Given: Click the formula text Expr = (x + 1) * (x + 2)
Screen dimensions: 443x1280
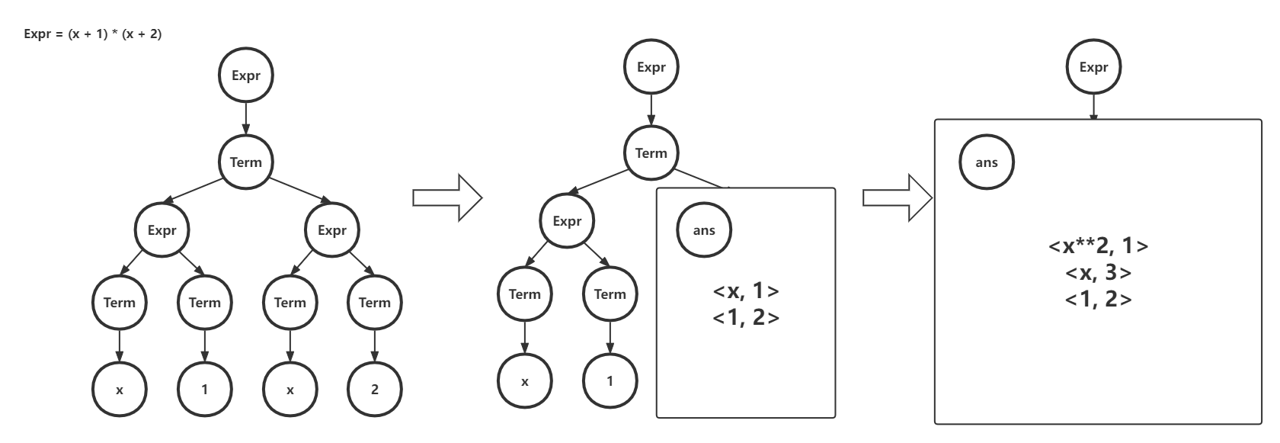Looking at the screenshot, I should [x=93, y=34].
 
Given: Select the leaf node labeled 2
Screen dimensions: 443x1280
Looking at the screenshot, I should [x=374, y=390].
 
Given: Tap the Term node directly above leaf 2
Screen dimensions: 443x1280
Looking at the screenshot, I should [x=374, y=303].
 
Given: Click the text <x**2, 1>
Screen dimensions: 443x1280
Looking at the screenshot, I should [x=1098, y=246].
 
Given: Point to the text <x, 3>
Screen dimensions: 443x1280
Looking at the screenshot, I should [x=1098, y=273].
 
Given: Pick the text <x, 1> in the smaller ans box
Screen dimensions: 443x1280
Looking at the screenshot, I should [x=746, y=291].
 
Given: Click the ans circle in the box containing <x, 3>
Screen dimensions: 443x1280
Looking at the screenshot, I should [x=987, y=162].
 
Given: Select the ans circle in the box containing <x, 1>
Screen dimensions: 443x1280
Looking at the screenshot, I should [x=704, y=230].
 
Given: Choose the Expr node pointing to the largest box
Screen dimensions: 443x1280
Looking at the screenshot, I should [x=1093, y=67].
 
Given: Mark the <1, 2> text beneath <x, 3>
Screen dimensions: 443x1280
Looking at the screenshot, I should [x=1098, y=300].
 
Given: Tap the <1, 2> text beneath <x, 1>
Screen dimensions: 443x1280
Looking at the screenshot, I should [x=746, y=317].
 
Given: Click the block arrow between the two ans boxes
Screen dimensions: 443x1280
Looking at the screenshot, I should [x=897, y=198].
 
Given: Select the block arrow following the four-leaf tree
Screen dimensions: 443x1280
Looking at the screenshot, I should [x=447, y=198].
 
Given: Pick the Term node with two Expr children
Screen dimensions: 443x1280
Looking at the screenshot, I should [x=245, y=162].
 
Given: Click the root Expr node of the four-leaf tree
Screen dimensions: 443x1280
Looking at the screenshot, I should [x=245, y=76].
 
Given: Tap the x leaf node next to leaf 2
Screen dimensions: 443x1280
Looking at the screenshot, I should [x=290, y=390].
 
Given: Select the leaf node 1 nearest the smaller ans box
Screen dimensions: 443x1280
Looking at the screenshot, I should [x=610, y=381].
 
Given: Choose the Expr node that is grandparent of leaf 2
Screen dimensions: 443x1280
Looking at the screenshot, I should [x=331, y=230].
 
